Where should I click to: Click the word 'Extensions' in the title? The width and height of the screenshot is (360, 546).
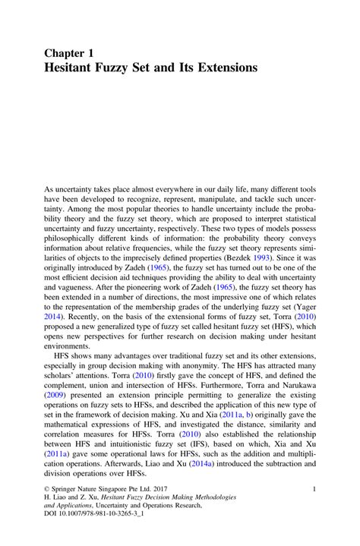click(220, 68)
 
